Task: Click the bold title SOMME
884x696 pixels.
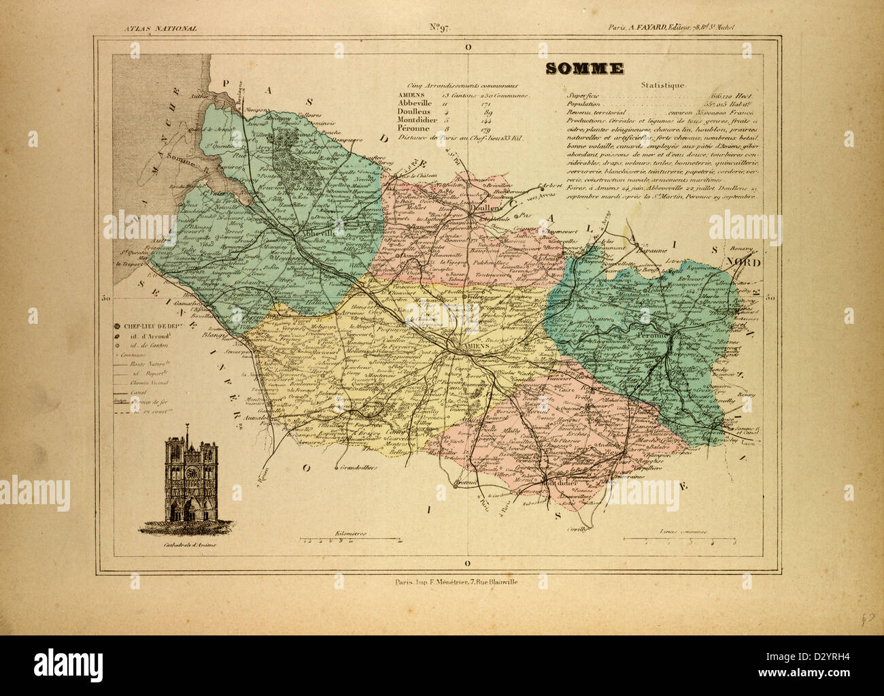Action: (x=584, y=69)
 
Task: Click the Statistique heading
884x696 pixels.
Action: (x=663, y=85)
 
